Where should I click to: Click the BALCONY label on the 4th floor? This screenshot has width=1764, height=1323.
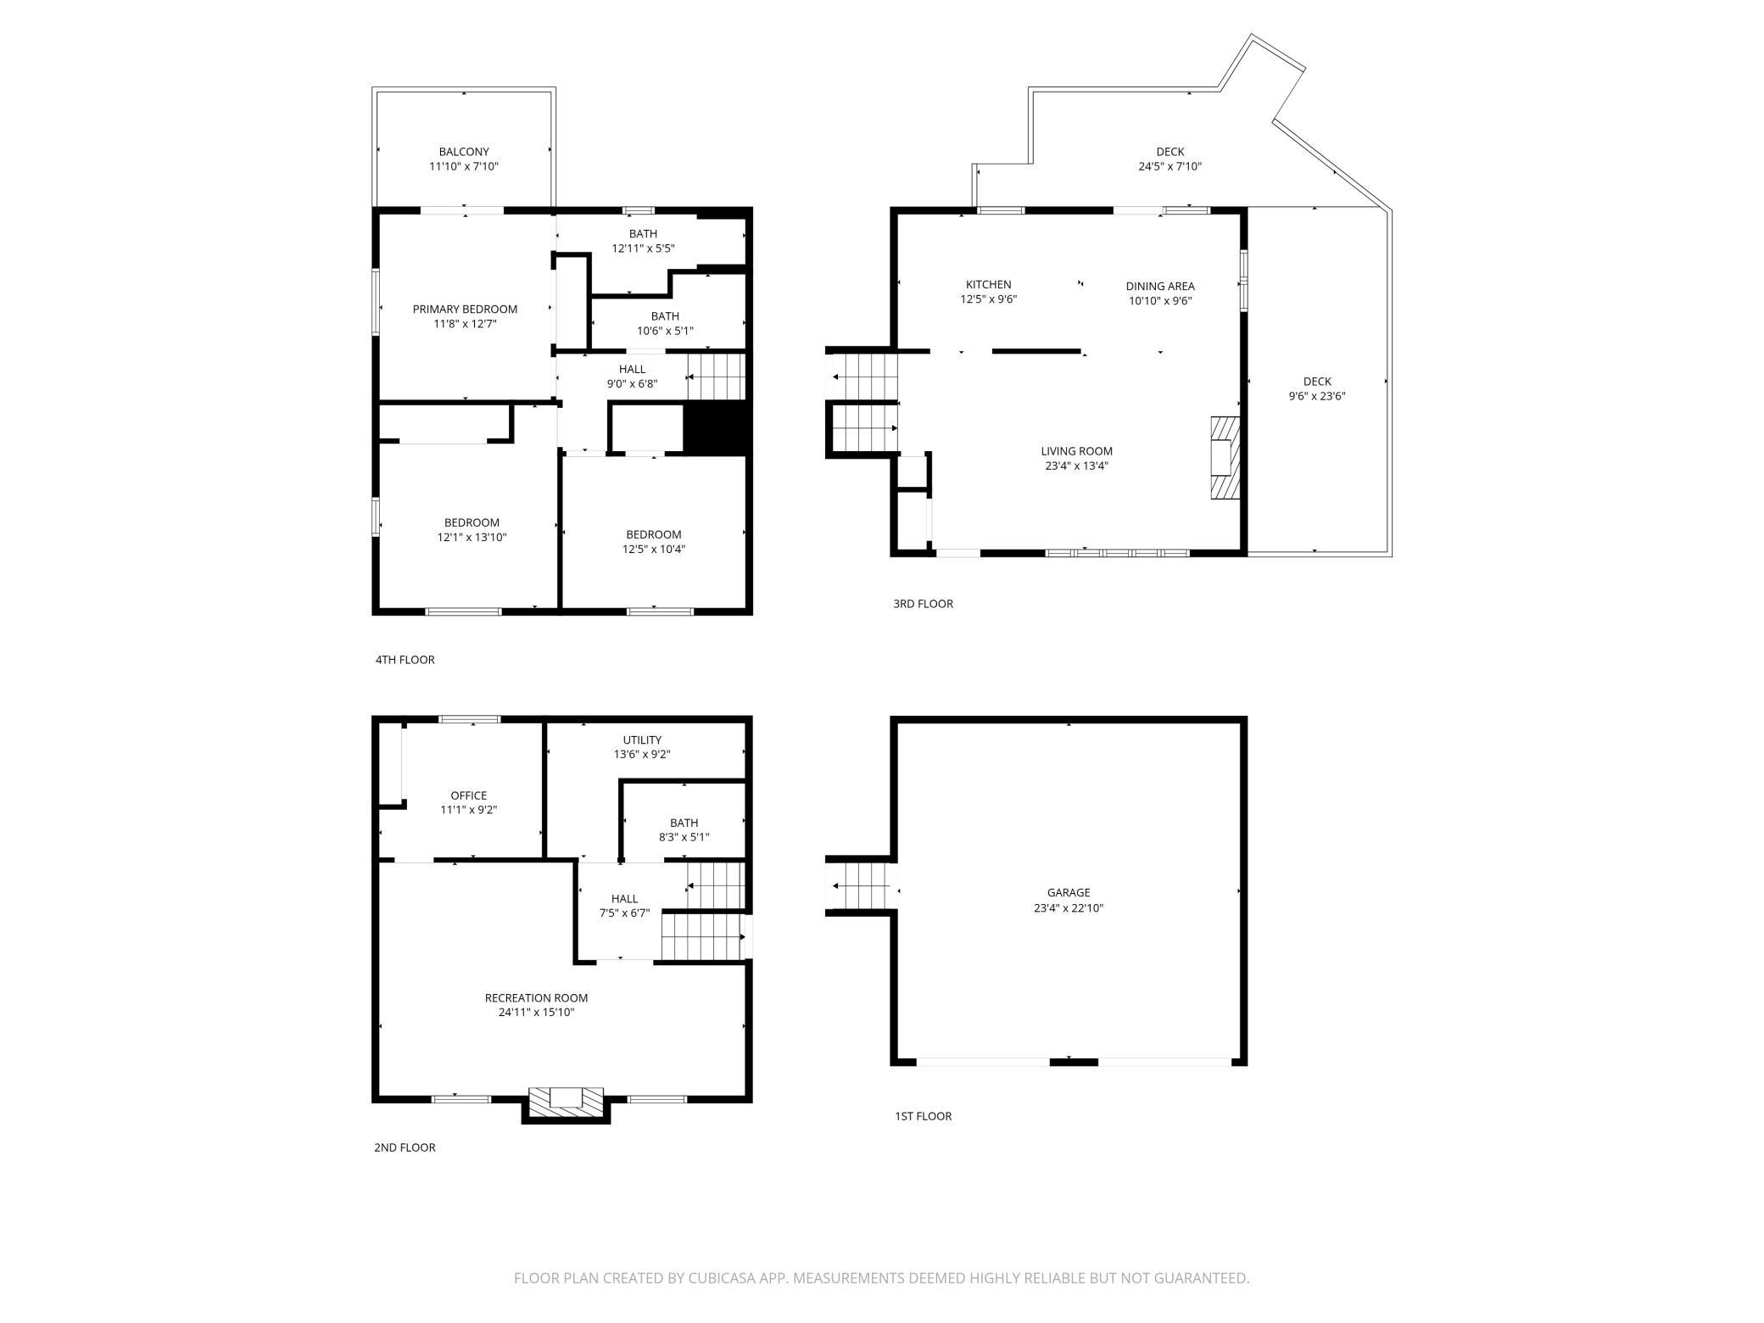[x=464, y=152]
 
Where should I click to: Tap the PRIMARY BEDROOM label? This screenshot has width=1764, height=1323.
[x=465, y=310]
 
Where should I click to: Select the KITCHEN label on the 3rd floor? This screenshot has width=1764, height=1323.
[x=989, y=285]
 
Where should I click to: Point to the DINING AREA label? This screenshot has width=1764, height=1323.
[x=1160, y=286]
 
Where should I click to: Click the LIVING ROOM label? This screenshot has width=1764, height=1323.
[x=1077, y=451]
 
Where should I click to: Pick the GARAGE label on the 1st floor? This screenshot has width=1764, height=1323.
[x=1069, y=892]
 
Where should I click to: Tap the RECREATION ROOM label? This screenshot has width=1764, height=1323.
[x=536, y=998]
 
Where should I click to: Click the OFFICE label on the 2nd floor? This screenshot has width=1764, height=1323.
[x=469, y=795]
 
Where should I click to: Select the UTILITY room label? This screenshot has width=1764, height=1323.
[x=642, y=740]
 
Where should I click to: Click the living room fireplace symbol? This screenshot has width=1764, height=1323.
[x=1225, y=458]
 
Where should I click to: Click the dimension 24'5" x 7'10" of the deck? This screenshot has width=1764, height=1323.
[x=1170, y=167]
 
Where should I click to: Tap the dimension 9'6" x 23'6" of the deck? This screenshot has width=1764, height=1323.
[x=1317, y=396]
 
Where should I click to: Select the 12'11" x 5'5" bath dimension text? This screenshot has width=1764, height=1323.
[x=644, y=248]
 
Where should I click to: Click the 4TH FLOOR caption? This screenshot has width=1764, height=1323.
[x=405, y=660]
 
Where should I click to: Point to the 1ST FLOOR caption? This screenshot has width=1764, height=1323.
[x=924, y=1116]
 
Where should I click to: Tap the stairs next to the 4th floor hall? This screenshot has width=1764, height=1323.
[x=716, y=377]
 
